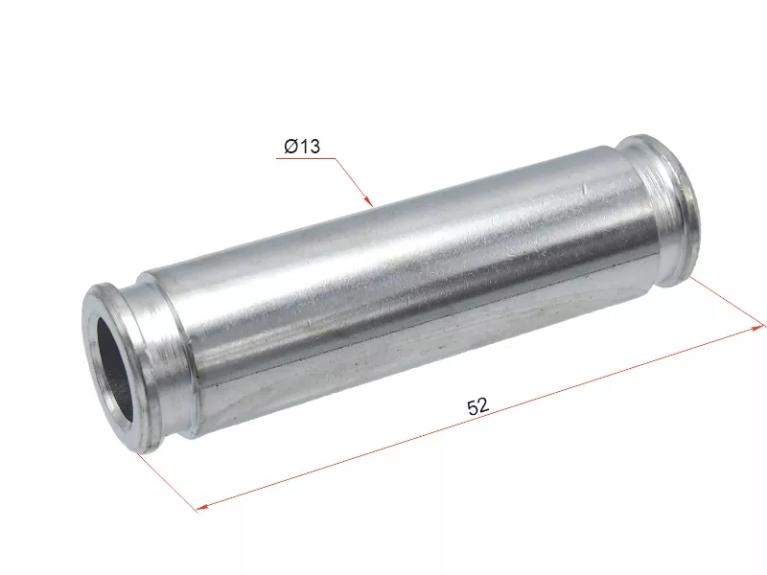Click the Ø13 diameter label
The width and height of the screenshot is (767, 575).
pyautogui.click(x=302, y=146)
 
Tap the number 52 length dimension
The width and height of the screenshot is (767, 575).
pyautogui.click(x=477, y=405)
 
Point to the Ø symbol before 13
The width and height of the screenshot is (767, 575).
pyautogui.click(x=291, y=146)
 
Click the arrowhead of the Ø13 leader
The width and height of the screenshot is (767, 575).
pyautogui.click(x=369, y=200)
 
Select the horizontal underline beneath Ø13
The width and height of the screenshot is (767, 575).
pyautogui.click(x=306, y=158)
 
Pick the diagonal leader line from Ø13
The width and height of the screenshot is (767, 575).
pyautogui.click(x=354, y=182)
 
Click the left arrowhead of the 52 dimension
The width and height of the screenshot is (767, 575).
pyautogui.click(x=202, y=507)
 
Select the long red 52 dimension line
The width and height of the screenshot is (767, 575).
pyautogui.click(x=479, y=418)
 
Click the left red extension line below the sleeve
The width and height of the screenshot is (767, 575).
pyautogui.click(x=167, y=482)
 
